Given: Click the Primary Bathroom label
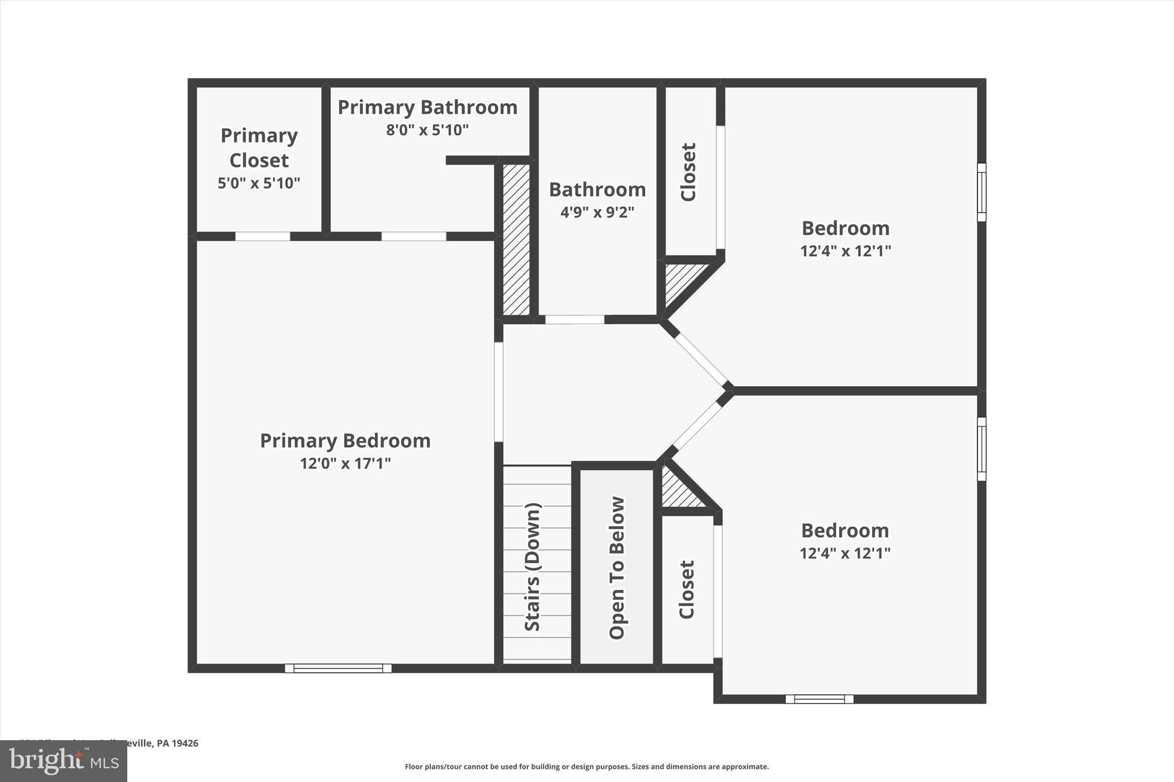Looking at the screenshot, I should coord(427,107).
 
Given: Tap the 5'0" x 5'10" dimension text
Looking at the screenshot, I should coord(259,183).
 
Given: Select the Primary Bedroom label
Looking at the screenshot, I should coord(345,441).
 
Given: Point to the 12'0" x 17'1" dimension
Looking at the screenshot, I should coord(345,463).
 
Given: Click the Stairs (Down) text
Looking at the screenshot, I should coord(533,567).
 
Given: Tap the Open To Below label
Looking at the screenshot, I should coord(617,567).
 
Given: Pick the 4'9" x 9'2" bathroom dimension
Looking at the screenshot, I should coord(597,212).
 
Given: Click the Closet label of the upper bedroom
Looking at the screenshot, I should coord(688,172).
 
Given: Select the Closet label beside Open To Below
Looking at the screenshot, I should coord(687,589).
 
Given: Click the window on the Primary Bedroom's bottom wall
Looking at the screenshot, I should coord(338,668).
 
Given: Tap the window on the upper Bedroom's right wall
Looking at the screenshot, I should coord(981,192).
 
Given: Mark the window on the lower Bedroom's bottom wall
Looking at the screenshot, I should coord(819,699).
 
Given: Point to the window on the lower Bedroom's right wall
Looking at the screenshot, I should coord(981,449).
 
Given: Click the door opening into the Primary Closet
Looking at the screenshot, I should coord(263,236).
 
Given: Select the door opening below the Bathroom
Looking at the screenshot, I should coord(574,319).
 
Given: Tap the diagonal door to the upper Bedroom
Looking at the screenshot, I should coord(701,359).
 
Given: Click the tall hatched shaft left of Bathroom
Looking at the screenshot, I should coord(516,239).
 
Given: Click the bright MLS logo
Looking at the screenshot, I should coord(64,761).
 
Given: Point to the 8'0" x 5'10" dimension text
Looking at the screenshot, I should coord(427,130).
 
